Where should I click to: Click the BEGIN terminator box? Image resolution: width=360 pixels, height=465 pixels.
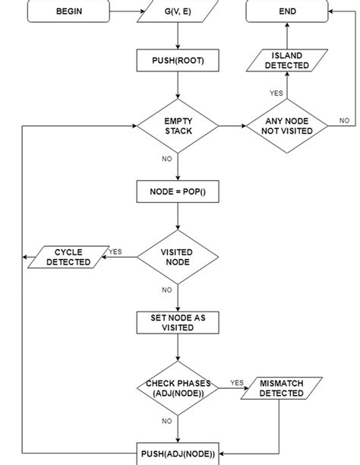click(69, 11)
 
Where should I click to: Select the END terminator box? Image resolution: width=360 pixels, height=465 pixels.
click(287, 11)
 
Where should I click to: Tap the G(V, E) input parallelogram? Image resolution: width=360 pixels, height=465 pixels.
click(178, 11)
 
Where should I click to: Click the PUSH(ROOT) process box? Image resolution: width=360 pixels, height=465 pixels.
click(178, 61)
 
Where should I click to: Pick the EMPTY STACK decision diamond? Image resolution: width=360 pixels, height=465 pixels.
click(178, 126)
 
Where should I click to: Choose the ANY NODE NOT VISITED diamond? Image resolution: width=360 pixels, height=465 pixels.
click(287, 126)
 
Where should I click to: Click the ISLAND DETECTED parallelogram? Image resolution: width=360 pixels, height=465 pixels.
click(287, 61)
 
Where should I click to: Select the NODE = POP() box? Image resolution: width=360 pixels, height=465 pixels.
click(178, 191)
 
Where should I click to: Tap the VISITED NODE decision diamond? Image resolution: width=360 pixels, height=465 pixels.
click(178, 257)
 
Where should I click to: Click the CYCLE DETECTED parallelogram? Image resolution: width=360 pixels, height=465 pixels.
click(68, 257)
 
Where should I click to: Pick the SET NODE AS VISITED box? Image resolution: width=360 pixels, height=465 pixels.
click(178, 322)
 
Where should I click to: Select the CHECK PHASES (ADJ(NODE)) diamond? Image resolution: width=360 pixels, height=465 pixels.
click(178, 388)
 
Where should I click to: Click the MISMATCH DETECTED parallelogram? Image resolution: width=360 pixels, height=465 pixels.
click(282, 388)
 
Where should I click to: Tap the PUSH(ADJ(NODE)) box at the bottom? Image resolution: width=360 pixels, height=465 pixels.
click(178, 454)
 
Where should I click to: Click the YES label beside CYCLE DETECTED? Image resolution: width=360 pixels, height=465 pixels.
click(115, 251)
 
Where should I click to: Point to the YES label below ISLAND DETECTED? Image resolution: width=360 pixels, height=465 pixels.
click(276, 93)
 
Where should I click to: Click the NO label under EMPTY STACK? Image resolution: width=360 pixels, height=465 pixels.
click(167, 159)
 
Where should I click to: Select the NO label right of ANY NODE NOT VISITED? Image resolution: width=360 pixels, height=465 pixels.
click(344, 120)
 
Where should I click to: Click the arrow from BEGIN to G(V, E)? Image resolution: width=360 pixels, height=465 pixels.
click(124, 11)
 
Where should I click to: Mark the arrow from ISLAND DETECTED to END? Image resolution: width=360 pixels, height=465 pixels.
click(287, 35)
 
